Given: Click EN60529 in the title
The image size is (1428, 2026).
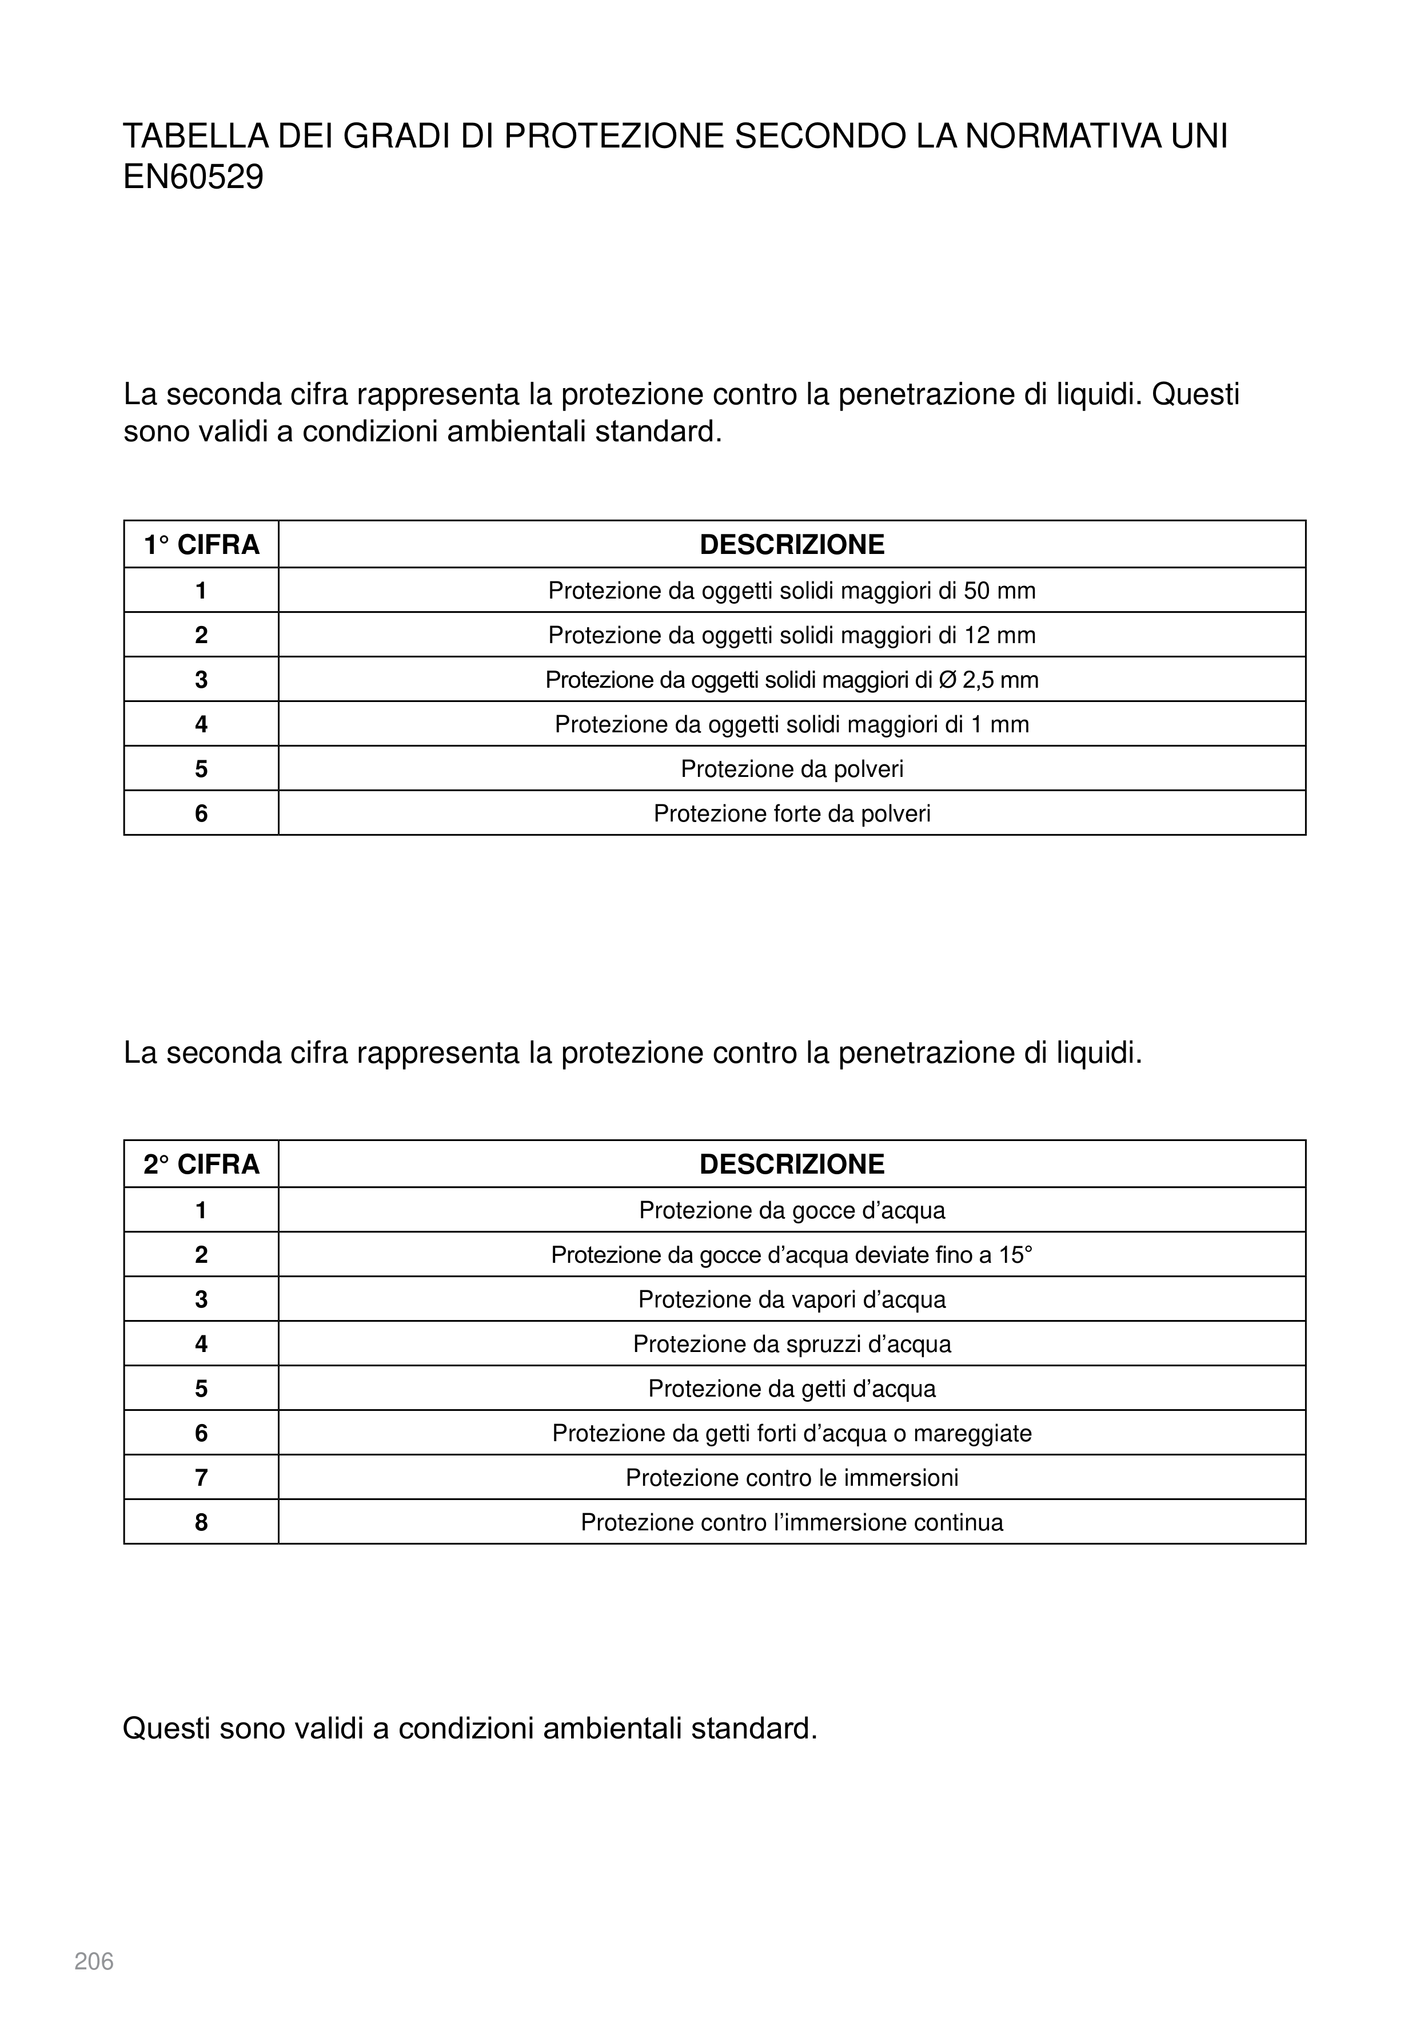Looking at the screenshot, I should [x=193, y=177].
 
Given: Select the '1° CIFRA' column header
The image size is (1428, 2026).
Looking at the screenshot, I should [x=201, y=544].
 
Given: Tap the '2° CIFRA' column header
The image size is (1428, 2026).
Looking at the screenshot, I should [x=201, y=1164].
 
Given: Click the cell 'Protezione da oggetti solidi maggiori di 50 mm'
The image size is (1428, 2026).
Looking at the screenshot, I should [x=792, y=591].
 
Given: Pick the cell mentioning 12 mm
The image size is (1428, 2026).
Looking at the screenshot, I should [x=792, y=635].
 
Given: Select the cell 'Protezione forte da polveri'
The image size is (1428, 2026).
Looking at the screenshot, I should [x=792, y=813].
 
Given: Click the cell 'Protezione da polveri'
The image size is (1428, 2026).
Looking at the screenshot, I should [x=792, y=769].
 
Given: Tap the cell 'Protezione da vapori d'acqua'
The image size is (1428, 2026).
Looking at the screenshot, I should [x=792, y=1300].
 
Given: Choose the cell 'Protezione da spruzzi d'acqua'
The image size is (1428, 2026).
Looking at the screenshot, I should [x=792, y=1344].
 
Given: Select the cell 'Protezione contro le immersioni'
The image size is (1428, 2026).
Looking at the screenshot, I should [x=792, y=1478].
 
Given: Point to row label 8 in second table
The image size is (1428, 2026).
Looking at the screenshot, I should [x=201, y=1523].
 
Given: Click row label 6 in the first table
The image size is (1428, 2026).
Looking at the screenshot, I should [x=201, y=813].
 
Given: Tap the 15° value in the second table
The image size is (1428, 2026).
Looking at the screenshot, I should [x=1015, y=1255].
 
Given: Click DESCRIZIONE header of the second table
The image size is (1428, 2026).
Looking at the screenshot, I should [x=792, y=1164].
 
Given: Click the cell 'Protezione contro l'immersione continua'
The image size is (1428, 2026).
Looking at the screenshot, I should [x=792, y=1523].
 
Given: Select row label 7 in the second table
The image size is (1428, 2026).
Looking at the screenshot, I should [x=201, y=1478].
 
